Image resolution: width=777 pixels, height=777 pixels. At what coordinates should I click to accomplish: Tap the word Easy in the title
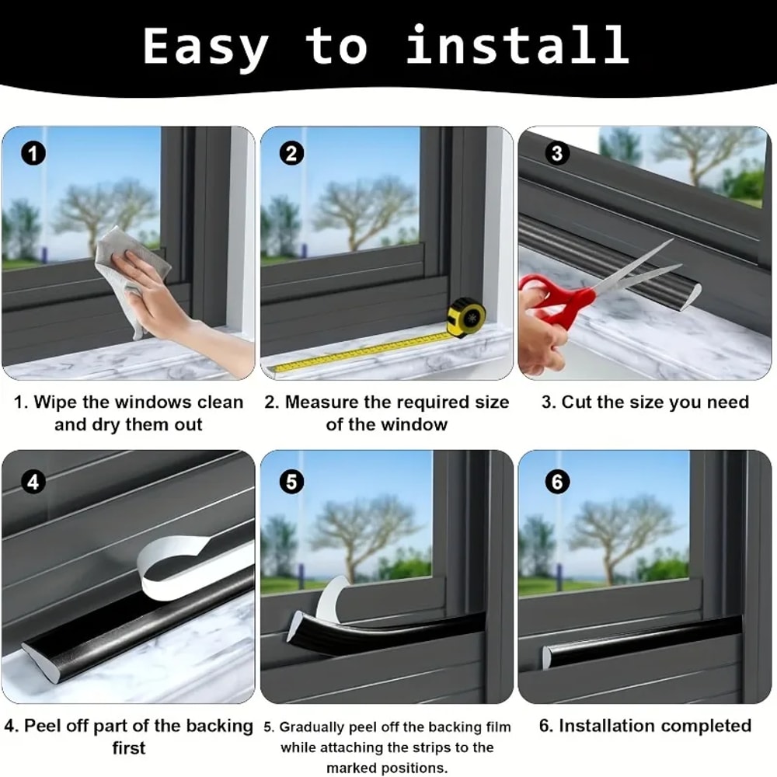[x=205, y=47]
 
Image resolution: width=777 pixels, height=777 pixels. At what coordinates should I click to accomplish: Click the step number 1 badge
[x=33, y=153]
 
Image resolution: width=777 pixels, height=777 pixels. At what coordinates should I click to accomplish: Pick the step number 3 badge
[x=556, y=153]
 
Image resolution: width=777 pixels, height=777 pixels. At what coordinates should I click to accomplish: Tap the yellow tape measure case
[x=466, y=317]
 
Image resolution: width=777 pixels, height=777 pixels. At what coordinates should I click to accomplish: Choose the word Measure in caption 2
[x=319, y=402]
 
